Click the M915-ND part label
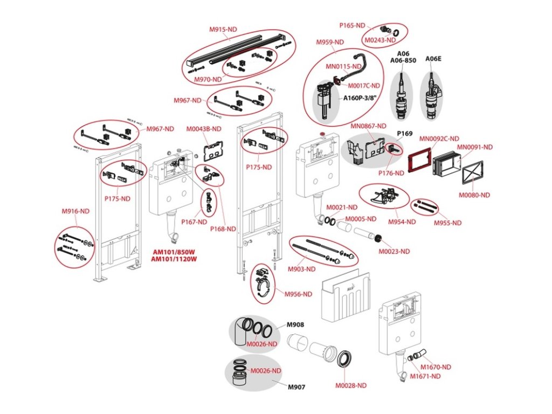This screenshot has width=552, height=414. point(223,30)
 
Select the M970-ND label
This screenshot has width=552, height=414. point(208,80)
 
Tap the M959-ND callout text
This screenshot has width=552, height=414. point(330,42)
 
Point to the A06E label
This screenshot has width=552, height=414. point(433,59)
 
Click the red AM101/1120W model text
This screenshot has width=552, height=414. point(174,259)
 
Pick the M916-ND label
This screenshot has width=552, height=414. point(75,211)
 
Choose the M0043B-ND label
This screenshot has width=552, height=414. point(204,129)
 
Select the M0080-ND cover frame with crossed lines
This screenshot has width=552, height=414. point(472,172)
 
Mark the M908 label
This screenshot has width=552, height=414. point(295,325)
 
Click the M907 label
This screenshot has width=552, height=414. point(296,387)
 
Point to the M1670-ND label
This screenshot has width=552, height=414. point(436,367)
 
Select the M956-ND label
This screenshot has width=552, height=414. point(298,294)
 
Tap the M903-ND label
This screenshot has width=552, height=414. point(302,270)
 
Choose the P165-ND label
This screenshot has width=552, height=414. point(353,26)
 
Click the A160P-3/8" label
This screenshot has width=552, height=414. point(358,98)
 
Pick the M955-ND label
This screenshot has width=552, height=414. point(447,223)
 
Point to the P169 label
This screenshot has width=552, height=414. point(405,134)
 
